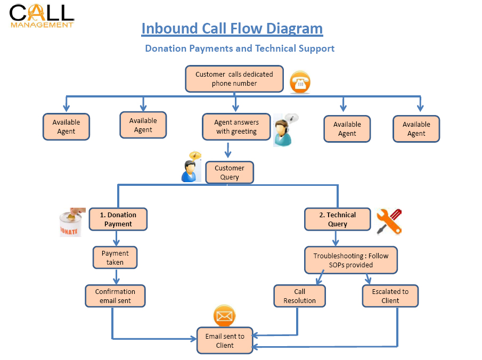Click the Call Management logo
point(42,15)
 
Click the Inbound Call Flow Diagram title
point(232,28)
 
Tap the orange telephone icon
point(300,83)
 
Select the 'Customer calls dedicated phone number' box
point(234,79)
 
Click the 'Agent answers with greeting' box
point(236,127)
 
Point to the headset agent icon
point(284,130)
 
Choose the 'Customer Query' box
point(230,173)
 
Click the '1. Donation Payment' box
point(118,219)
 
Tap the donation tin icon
point(71,222)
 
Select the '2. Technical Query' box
point(337,219)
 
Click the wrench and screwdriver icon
point(389,222)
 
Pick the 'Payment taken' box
point(115,257)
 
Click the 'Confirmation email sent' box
point(115,296)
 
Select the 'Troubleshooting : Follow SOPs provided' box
point(350,260)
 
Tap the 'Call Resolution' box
point(299,296)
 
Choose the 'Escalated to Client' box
point(390,296)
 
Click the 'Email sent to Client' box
point(224,340)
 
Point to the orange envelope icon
point(225,316)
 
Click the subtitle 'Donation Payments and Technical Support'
point(240,48)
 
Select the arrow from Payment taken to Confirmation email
point(115,277)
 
